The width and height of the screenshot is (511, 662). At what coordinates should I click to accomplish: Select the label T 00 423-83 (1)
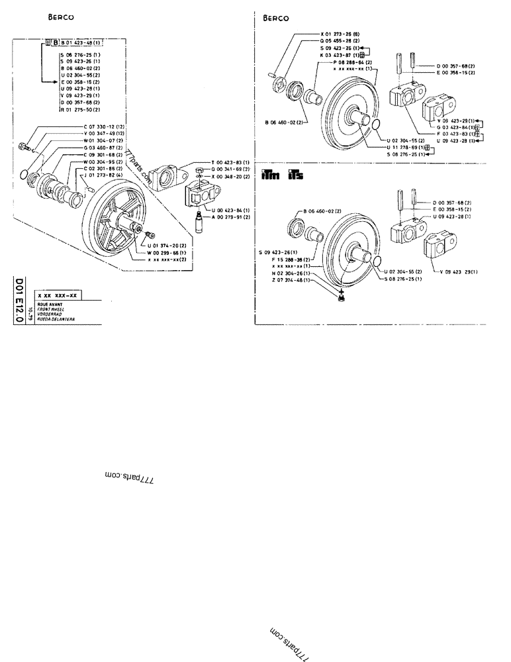click(x=229, y=163)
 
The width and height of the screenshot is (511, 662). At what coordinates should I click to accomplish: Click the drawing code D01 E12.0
click(x=18, y=301)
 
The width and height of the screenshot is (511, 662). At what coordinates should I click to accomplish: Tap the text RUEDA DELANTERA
click(x=56, y=318)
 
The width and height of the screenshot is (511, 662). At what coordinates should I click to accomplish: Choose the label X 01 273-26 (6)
click(x=340, y=34)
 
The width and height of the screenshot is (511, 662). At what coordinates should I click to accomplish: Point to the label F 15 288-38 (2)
click(x=293, y=260)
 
